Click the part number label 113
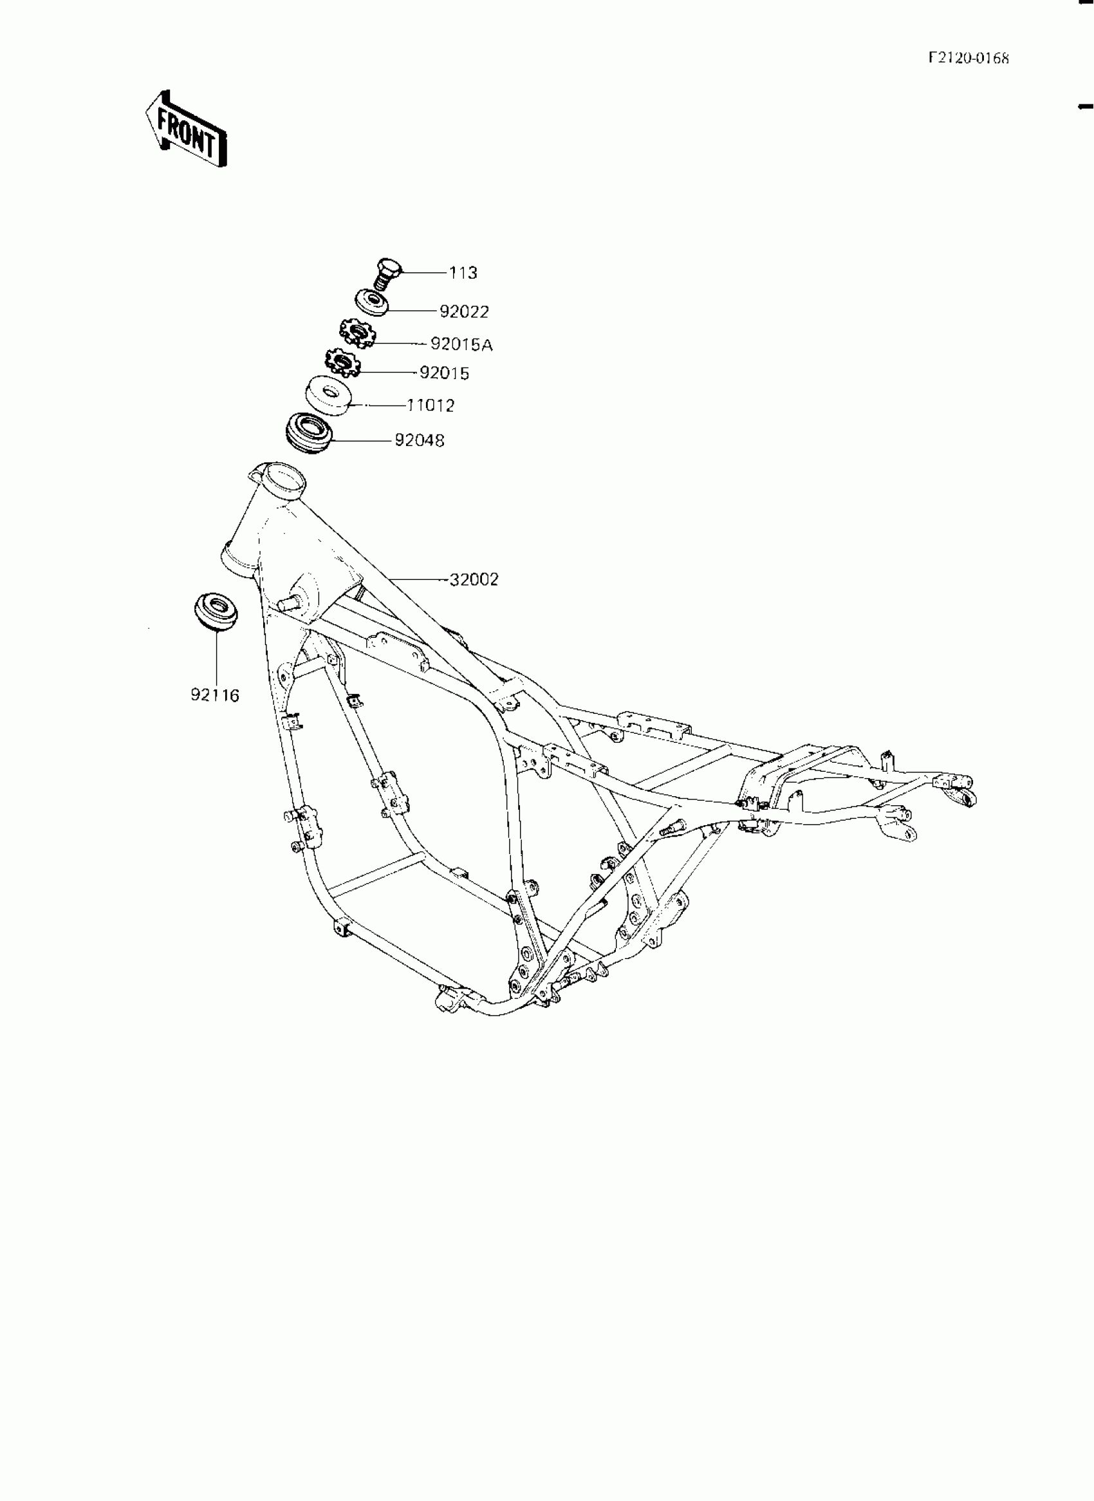pos(463,273)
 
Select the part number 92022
pos(464,312)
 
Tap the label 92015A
pos(461,344)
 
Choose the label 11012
pos(431,406)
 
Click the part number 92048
pos(419,440)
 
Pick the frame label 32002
pos(474,579)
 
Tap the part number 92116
pos(214,696)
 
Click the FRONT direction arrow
pos(187,129)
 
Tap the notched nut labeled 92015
pos(342,363)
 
